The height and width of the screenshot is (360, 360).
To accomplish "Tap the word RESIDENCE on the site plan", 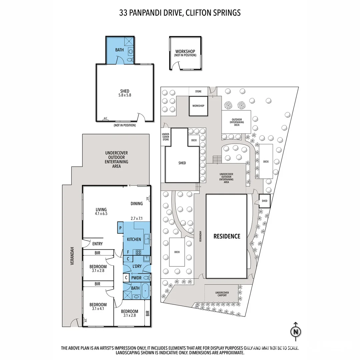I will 227,236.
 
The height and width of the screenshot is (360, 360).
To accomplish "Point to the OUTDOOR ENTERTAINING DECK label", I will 237,122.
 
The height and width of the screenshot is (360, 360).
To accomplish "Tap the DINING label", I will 137,203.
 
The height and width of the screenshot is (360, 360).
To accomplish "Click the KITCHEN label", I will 134,239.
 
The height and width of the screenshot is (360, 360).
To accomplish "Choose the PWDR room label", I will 136,277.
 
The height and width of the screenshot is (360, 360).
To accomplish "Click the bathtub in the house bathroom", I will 146,291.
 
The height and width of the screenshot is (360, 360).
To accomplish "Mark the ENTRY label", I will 97,244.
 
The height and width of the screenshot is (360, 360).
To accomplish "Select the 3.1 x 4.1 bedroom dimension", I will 98,309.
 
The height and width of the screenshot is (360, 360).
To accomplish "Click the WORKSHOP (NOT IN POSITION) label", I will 185,53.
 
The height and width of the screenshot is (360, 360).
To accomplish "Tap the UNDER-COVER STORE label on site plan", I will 166,137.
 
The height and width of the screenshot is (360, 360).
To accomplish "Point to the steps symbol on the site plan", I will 217,160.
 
